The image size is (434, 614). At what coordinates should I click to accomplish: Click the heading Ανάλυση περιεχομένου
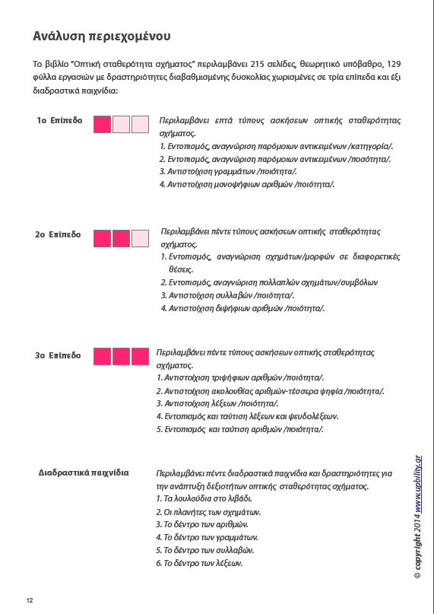101,36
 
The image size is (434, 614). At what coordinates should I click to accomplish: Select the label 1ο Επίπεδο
59,121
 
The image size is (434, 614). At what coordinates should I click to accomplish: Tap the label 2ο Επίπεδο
58,235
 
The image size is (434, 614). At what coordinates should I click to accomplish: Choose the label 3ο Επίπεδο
58,355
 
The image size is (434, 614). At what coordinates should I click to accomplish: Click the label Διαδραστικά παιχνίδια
84,472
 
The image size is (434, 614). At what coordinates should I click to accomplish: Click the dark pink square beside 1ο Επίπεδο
102,124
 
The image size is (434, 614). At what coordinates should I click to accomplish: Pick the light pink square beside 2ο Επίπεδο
140,238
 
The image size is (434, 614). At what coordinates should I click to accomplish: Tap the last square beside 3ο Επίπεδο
140,356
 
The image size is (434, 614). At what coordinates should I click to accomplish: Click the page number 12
30,600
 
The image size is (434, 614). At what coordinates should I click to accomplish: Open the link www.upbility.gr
418,490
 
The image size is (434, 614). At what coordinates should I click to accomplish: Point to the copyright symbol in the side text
418,577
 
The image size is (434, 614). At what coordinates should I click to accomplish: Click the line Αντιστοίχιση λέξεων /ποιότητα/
217,403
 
